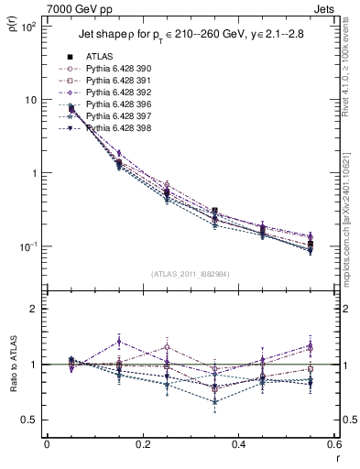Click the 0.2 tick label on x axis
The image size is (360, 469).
(142, 445)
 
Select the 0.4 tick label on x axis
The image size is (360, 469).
(238, 445)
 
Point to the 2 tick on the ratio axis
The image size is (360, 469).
(35, 309)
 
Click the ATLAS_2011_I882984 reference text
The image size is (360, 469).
(191, 274)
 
